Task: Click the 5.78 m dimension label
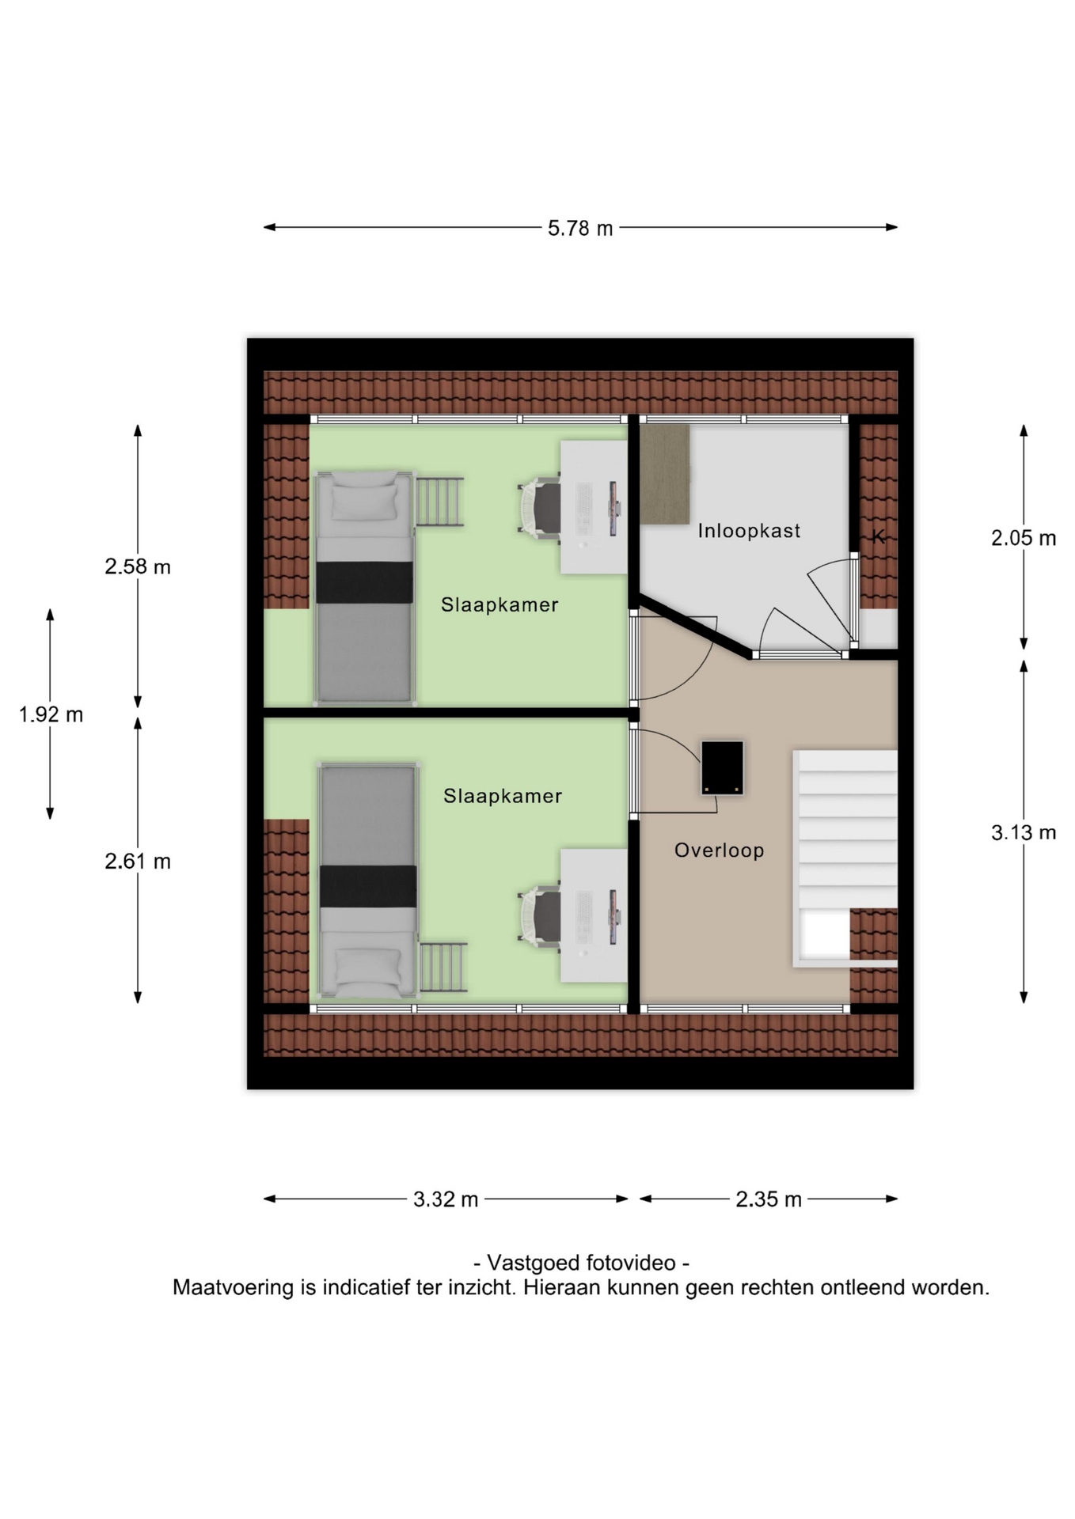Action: (x=580, y=228)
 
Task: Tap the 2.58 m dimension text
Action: (x=138, y=566)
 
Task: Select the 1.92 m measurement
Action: (x=51, y=714)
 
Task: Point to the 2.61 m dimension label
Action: (x=138, y=861)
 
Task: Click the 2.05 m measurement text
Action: (x=1024, y=538)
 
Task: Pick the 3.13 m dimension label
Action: (x=1024, y=832)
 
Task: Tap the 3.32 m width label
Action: (x=446, y=1199)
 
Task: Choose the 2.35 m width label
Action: (x=769, y=1199)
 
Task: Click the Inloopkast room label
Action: (x=749, y=531)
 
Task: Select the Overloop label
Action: (x=719, y=850)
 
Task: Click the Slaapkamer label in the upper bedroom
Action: (x=500, y=604)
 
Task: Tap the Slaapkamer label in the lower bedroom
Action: (x=503, y=796)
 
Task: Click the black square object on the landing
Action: (x=723, y=767)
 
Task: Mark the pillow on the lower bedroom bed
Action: (x=368, y=968)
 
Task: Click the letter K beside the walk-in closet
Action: (x=878, y=536)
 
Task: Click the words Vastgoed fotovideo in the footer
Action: (x=581, y=1263)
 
